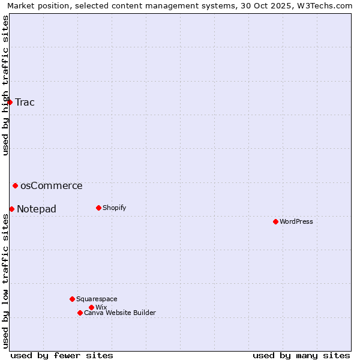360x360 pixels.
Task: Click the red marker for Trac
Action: [10, 102]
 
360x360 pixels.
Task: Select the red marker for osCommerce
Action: [15, 185]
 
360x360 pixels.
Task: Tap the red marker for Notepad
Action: [11, 209]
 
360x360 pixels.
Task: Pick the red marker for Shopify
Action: [98, 208]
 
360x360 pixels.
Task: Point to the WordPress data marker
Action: [275, 221]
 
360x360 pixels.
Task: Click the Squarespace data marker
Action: [72, 299]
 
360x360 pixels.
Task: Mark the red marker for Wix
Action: [91, 307]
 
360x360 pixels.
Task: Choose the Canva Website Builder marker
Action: [80, 313]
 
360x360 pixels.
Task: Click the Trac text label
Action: [25, 102]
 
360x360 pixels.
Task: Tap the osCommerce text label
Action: [51, 185]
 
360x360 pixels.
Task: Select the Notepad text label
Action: [36, 209]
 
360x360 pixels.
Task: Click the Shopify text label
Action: [114, 208]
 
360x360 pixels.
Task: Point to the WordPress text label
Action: [296, 221]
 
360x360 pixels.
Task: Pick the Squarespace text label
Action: [97, 299]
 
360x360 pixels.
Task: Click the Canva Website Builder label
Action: [119, 313]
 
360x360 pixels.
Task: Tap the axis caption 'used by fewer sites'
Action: [62, 355]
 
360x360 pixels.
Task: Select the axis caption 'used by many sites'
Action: [301, 355]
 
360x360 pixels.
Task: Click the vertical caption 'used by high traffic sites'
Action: [5, 85]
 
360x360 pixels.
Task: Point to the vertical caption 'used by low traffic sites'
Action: [5, 281]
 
